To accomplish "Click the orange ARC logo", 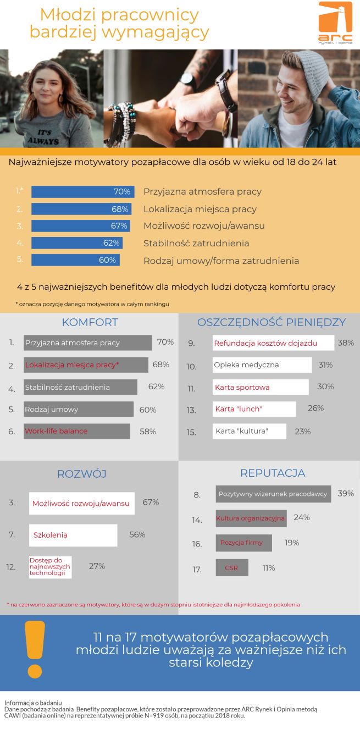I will coord(335,23).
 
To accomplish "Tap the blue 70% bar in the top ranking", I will coord(82,192).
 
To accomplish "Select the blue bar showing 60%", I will coord(75,260).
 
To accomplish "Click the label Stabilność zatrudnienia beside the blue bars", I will coord(196,243).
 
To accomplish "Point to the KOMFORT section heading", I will coord(90,322).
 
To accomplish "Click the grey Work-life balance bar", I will coord(77,431).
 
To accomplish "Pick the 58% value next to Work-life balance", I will coord(148,432).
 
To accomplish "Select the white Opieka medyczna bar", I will coord(262,365).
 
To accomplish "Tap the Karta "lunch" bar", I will coord(254,409).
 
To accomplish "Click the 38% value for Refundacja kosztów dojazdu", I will coord(346,343).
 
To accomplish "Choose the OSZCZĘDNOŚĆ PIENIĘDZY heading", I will coord(271,322).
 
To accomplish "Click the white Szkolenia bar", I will coord(73,535).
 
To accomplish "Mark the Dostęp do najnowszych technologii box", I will coord(50,567).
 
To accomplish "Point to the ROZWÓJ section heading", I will coord(82,474).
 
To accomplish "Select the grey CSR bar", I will coord(231,568).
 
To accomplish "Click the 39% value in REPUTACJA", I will coord(346,494).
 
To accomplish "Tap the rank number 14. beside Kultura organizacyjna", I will coord(197,520).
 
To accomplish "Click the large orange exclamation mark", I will coord(35,649).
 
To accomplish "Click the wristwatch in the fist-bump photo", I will coord(187,78).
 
